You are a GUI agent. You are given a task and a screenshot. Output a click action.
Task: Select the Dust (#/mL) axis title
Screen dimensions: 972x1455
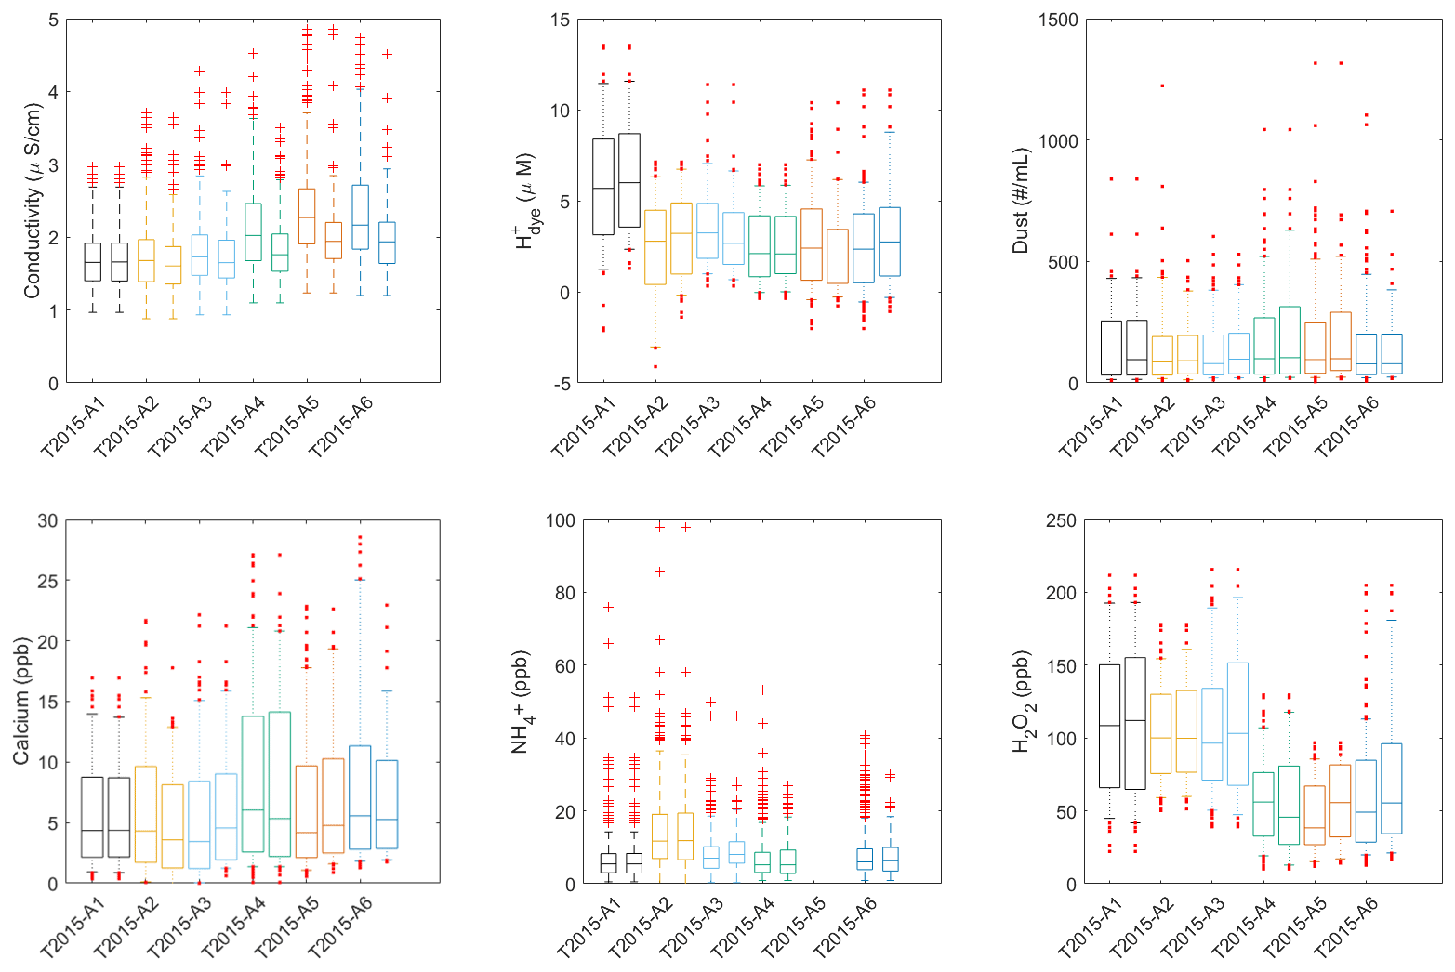point(1021,201)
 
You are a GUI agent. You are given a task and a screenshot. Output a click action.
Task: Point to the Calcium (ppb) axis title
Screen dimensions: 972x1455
point(21,701)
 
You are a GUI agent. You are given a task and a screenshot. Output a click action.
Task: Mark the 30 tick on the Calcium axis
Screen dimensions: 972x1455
point(46,521)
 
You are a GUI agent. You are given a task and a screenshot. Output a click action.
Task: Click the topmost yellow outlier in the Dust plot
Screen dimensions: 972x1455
point(1162,86)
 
